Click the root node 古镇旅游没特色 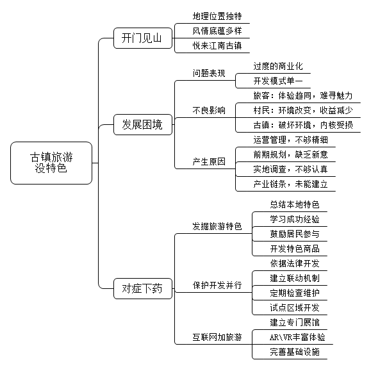(51, 163)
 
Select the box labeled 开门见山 (143, 38)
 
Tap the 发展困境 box (143, 125)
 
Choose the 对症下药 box (143, 288)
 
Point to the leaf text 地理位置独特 (217, 16)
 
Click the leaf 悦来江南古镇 (217, 45)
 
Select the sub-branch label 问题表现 (209, 73)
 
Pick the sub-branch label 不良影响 (209, 110)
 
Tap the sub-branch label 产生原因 (209, 162)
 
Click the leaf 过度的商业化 (278, 66)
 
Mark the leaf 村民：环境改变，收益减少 (303, 110)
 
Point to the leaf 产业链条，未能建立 (290, 184)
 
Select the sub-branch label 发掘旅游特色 (217, 226)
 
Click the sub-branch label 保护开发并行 (217, 285)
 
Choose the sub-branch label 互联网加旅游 (217, 337)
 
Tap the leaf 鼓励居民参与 (295, 234)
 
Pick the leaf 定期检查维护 (295, 293)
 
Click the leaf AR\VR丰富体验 (297, 337)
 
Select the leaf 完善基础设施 (295, 352)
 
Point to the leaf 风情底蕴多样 (217, 31)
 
